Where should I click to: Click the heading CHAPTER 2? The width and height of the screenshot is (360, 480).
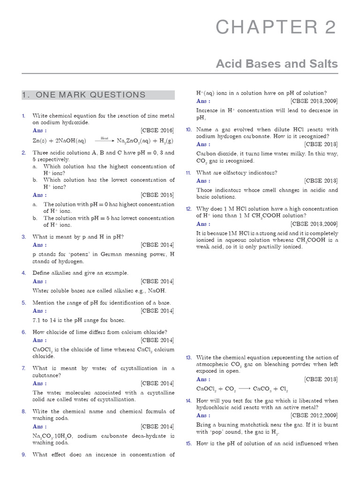(x=276, y=28)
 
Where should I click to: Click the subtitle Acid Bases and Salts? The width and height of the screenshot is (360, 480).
(x=277, y=64)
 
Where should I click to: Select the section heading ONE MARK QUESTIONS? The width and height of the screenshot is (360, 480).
(x=84, y=95)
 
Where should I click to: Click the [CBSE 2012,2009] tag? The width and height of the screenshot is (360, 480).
(x=314, y=415)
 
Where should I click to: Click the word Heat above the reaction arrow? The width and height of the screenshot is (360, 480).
(x=105, y=138)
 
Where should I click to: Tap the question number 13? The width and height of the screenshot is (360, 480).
(x=188, y=358)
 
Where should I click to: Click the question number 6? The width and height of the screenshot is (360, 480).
(x=24, y=332)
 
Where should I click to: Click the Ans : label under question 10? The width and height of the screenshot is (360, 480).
(x=203, y=144)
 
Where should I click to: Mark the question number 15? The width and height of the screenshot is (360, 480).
(x=188, y=443)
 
